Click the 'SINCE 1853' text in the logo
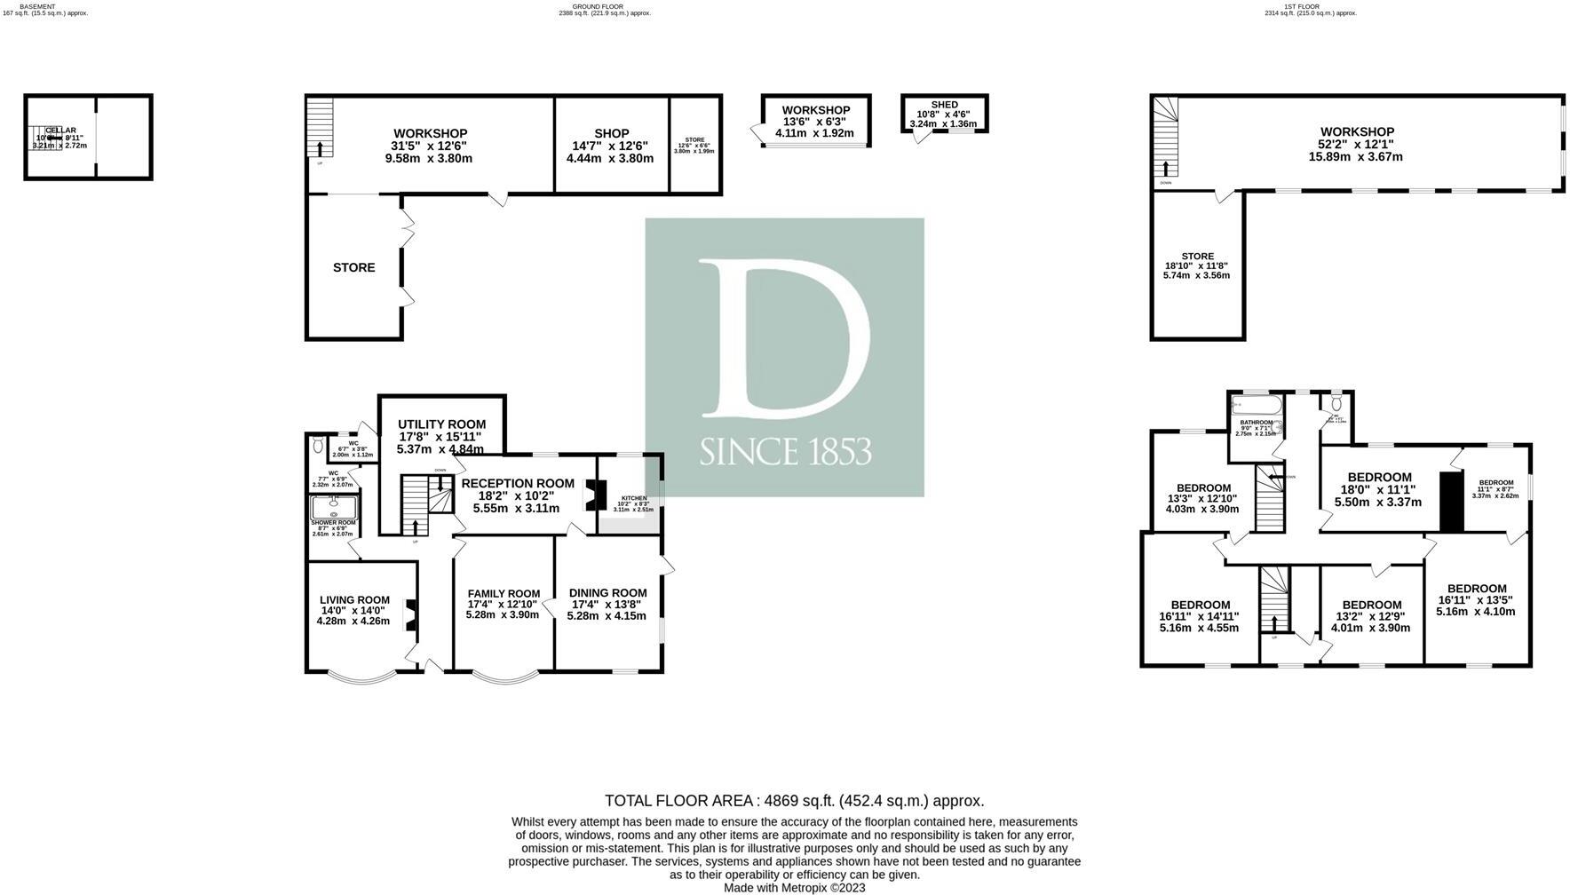pos(785,452)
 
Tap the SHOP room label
pos(612,134)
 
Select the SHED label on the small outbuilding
pos(944,105)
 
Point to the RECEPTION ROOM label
pos(518,483)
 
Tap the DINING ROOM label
pos(607,593)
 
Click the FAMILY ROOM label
pos(504,594)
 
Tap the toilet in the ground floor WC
pos(318,447)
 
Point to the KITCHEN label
pos(634,498)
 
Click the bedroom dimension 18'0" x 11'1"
pos(1377,489)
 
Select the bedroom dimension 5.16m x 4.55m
pos(1199,628)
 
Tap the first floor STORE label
pos(1197,257)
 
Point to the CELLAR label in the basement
pos(60,131)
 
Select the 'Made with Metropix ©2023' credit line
pos(794,888)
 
